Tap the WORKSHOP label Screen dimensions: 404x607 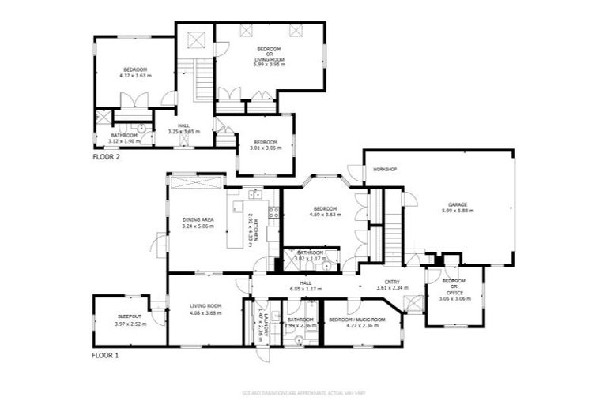tap(384, 170)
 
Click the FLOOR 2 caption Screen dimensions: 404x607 tap(106, 158)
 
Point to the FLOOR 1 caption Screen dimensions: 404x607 tap(105, 356)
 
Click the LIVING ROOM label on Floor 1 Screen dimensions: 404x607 tap(205, 306)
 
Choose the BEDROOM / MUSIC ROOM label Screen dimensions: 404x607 tap(356, 319)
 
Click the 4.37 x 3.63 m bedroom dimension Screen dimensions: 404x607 tap(134, 76)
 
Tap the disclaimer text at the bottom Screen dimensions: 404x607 tap(303, 392)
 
